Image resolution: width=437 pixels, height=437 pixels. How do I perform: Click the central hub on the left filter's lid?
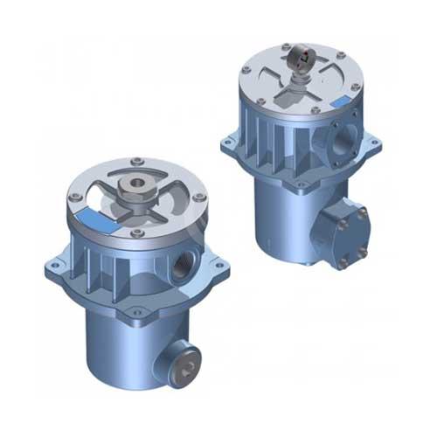click(136, 188)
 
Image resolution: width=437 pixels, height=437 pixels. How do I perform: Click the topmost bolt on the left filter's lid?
click(136, 160)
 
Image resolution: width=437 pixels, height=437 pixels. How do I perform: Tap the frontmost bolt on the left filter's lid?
click(138, 232)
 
